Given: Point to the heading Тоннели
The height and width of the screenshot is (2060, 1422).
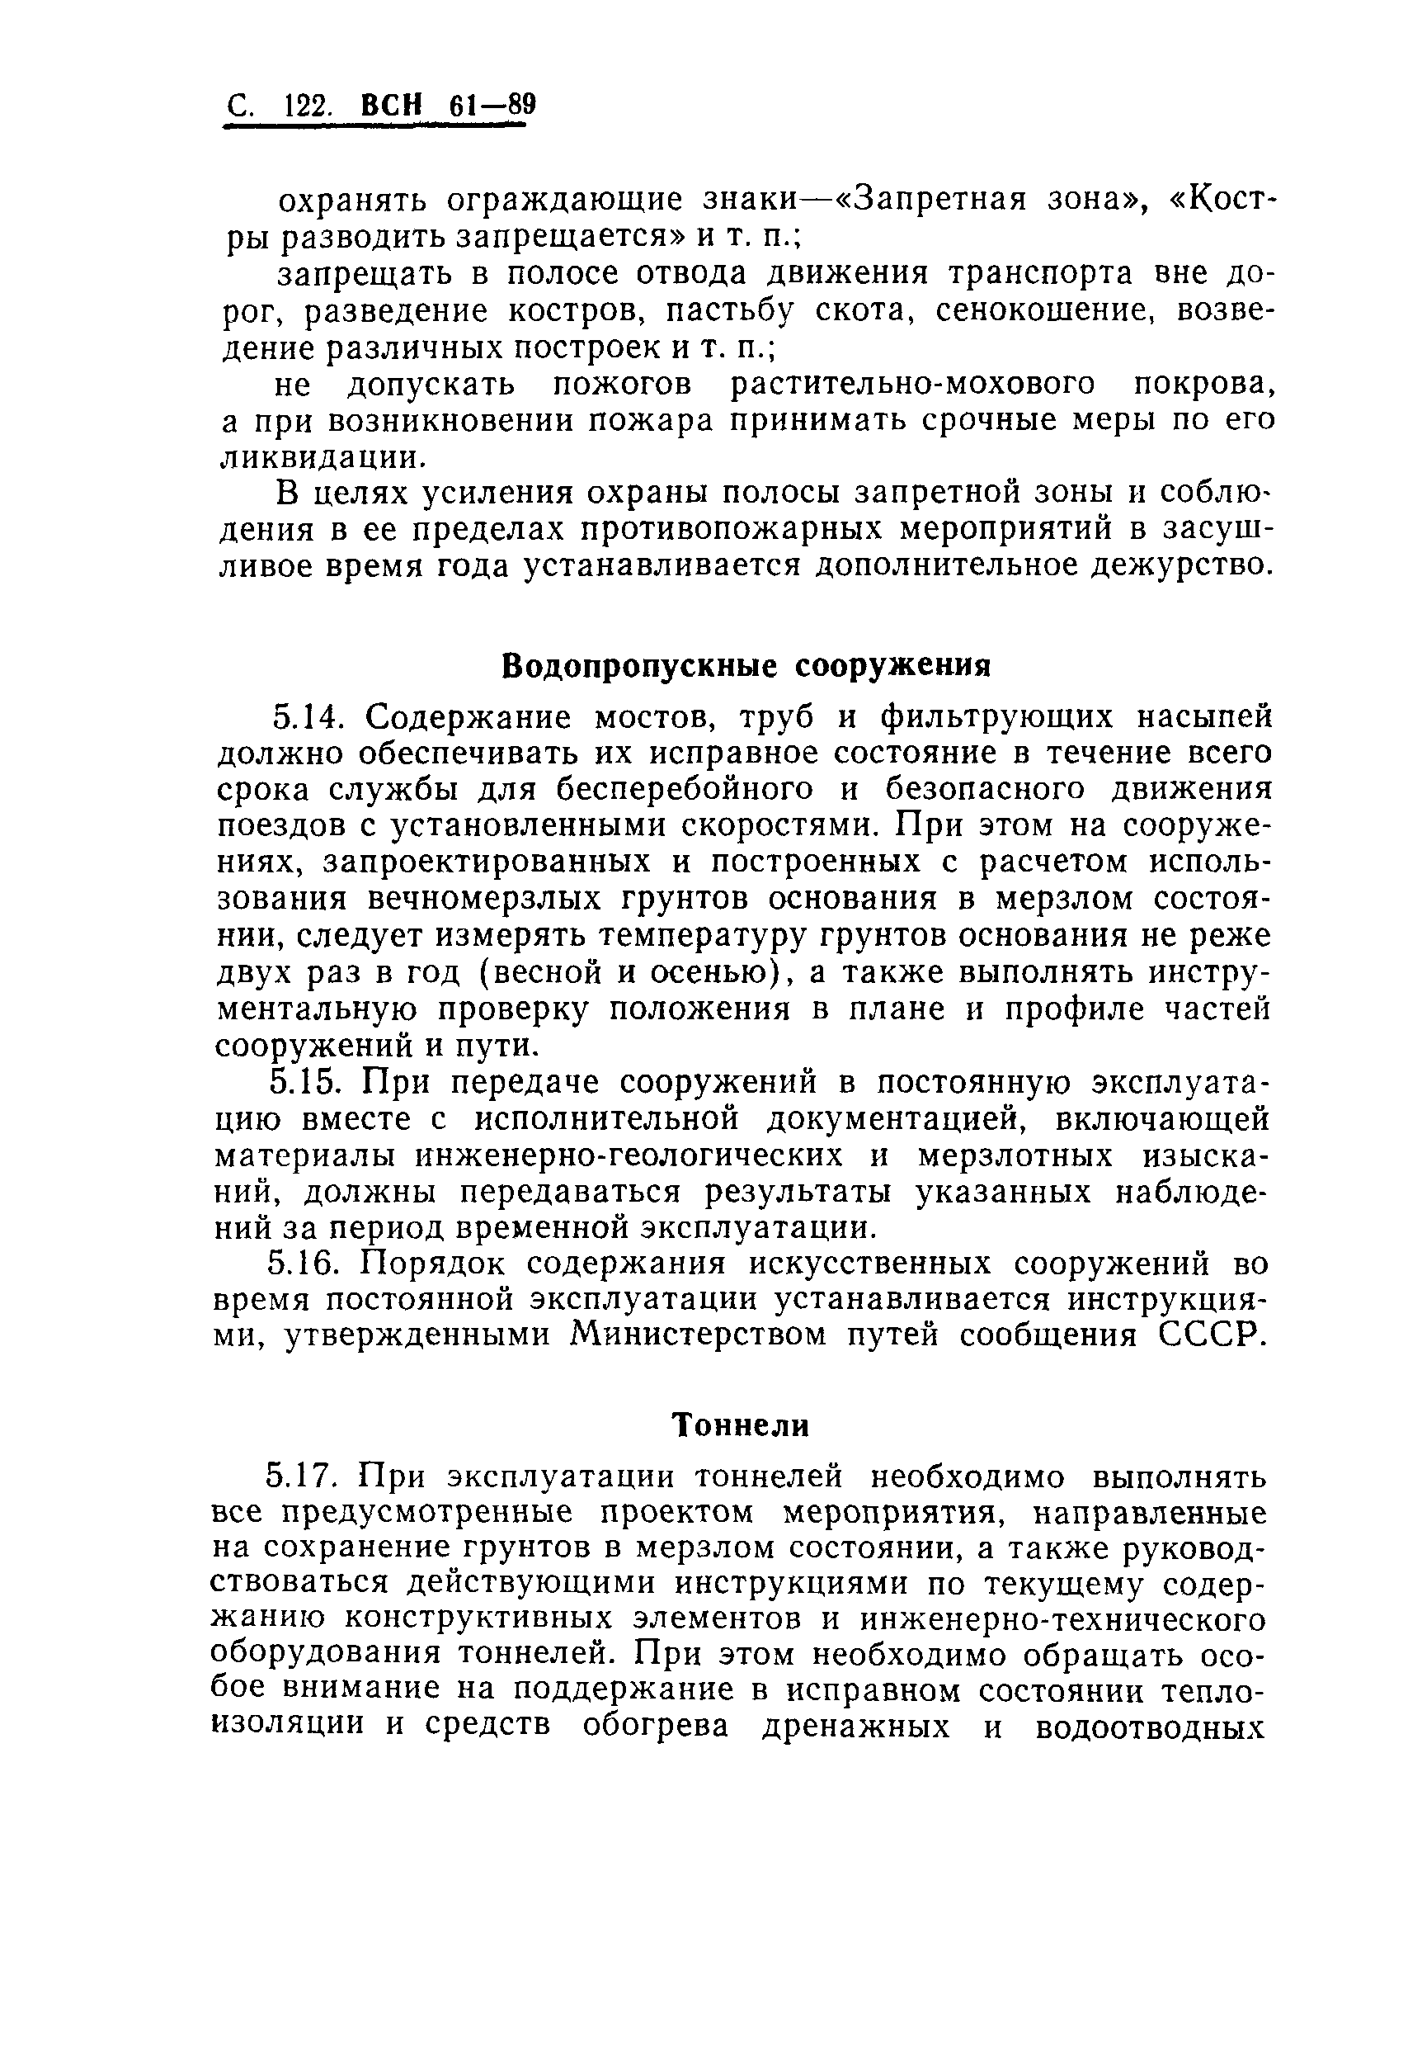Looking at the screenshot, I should (741, 1425).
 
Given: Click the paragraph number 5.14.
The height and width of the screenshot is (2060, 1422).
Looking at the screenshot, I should (307, 716).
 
